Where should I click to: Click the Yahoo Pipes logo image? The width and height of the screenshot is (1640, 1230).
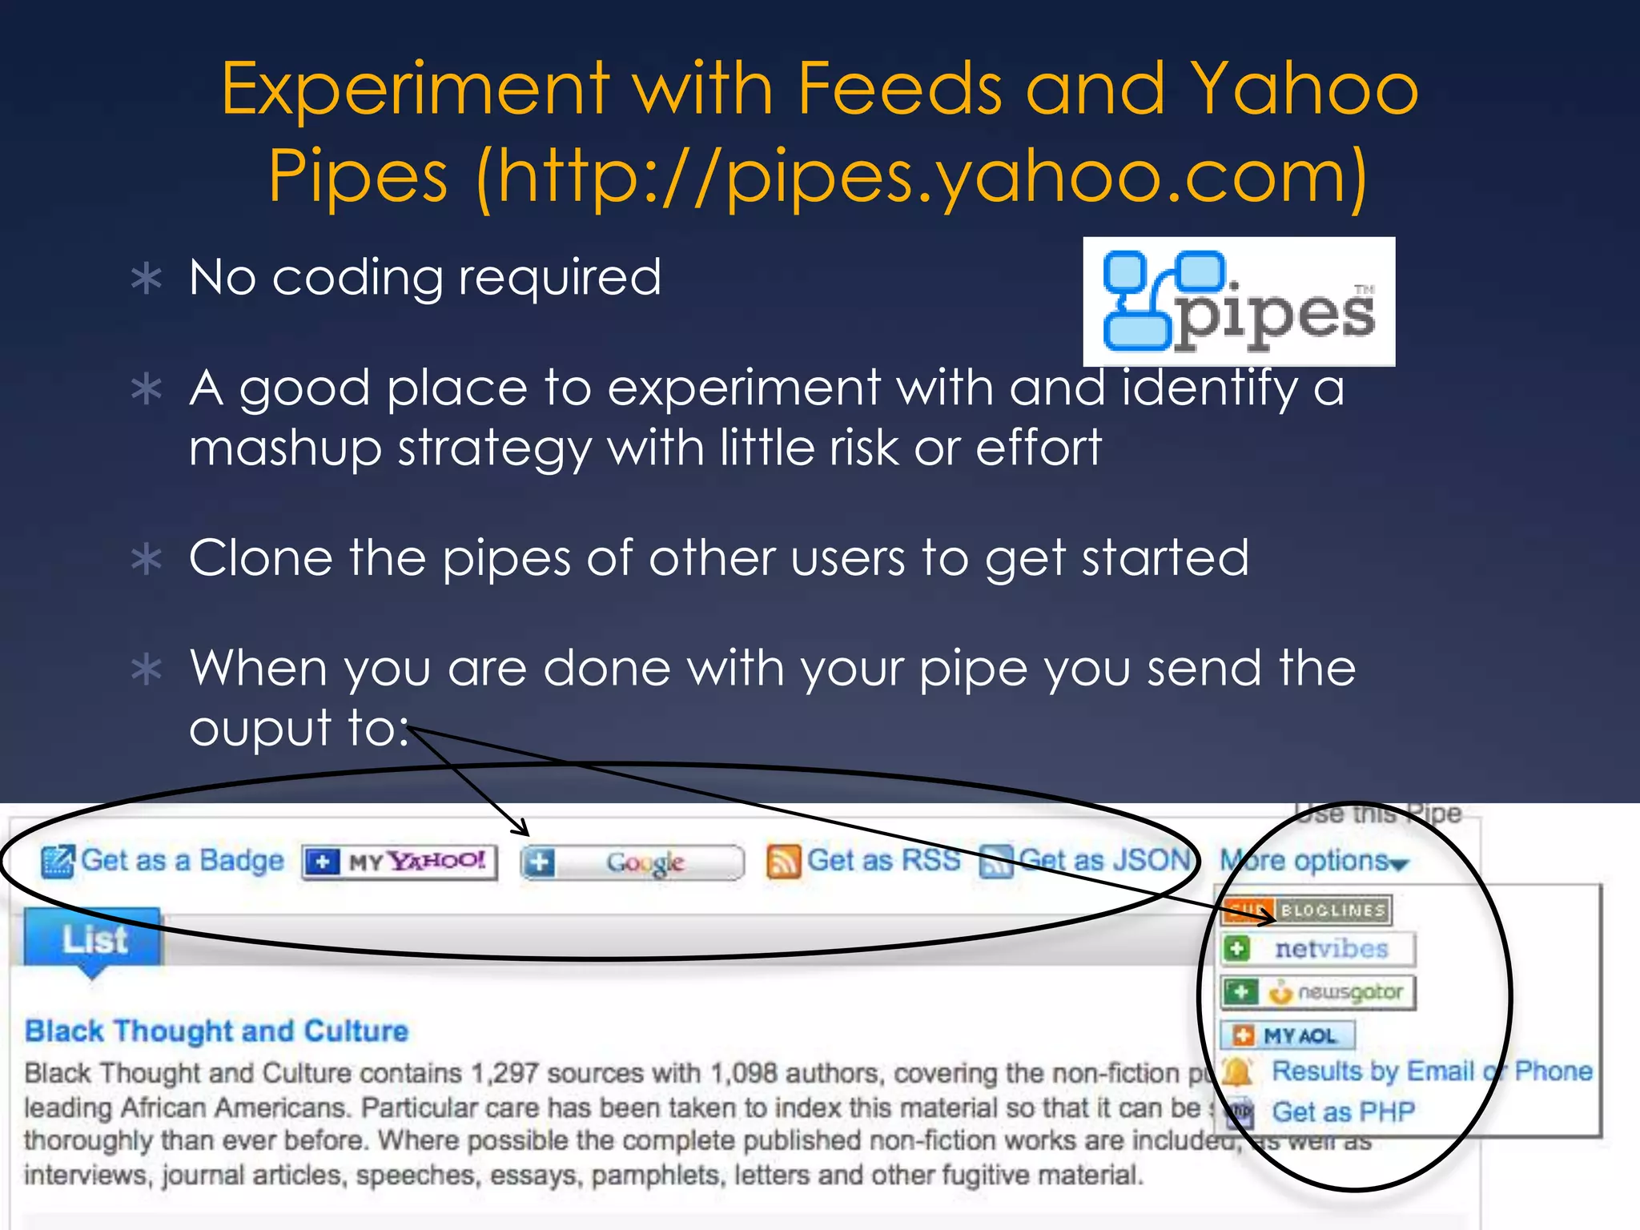point(1238,302)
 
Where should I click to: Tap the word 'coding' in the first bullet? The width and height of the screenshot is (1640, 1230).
point(358,278)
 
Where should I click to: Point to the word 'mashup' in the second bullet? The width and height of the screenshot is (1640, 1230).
point(285,448)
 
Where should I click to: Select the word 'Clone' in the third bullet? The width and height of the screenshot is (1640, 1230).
point(260,557)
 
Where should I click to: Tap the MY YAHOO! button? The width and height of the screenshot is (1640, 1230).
point(400,862)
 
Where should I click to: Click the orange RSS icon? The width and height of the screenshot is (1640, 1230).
point(782,862)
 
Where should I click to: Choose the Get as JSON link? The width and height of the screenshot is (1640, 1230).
point(1103,861)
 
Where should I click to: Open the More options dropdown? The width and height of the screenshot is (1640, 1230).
point(1313,861)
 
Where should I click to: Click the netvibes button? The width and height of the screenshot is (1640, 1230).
point(1318,949)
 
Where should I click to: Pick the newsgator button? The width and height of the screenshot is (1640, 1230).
point(1318,992)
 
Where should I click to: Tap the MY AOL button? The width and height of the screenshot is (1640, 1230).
point(1287,1035)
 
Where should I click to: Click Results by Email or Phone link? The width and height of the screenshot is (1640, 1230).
point(1431,1071)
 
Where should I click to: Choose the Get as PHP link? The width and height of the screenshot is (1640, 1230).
point(1343,1112)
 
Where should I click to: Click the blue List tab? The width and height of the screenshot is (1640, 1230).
point(94,939)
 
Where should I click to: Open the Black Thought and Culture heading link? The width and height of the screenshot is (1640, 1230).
point(216,1031)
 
